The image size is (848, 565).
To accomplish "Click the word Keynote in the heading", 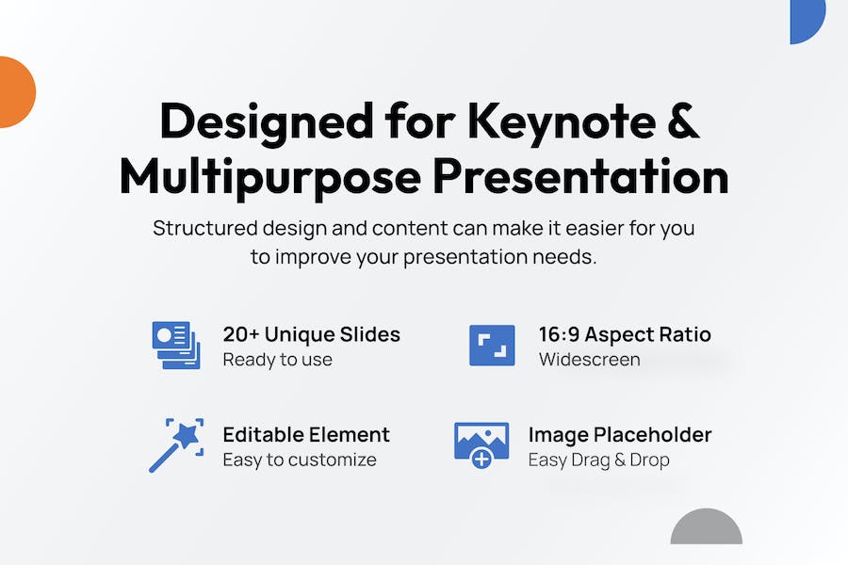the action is coord(562,123).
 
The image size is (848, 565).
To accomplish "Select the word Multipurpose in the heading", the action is coord(270,178).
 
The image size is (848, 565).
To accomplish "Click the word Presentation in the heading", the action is coord(580,176).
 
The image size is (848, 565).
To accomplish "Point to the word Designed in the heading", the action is coord(267,123).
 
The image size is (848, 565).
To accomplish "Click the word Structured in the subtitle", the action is coord(205,228).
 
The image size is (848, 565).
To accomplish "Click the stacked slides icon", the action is coord(176,345).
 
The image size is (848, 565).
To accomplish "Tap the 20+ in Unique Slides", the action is coord(240,334).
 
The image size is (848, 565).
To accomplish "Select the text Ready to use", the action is coord(277,360).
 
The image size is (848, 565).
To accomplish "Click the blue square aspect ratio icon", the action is coord(492,346).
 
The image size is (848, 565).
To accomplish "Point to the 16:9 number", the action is coord(559,334).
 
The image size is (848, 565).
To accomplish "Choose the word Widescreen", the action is coord(590,360).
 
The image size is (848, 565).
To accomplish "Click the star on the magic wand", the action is coord(188,434).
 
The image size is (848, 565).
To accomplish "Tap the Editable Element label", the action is coord(306,435).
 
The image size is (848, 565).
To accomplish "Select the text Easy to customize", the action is coord(300,460).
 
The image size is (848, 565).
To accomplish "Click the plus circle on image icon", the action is coord(481,459).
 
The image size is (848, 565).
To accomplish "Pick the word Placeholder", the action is coord(652,435).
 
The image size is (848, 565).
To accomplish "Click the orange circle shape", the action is coord(16,92).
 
